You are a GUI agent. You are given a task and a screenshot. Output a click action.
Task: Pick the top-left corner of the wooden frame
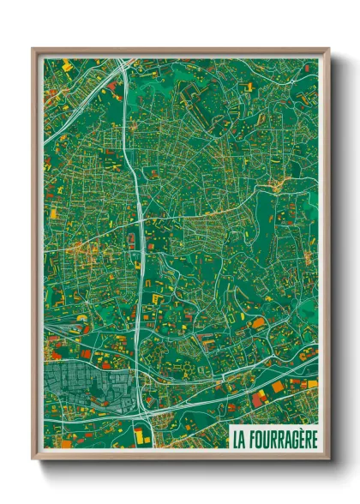[x=33, y=49]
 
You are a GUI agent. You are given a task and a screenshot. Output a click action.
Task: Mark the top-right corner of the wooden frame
[x=328, y=49]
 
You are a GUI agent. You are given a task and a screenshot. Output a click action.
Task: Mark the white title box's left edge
[x=229, y=439]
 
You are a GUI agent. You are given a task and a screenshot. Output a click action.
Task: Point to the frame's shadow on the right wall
[x=336, y=257]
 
